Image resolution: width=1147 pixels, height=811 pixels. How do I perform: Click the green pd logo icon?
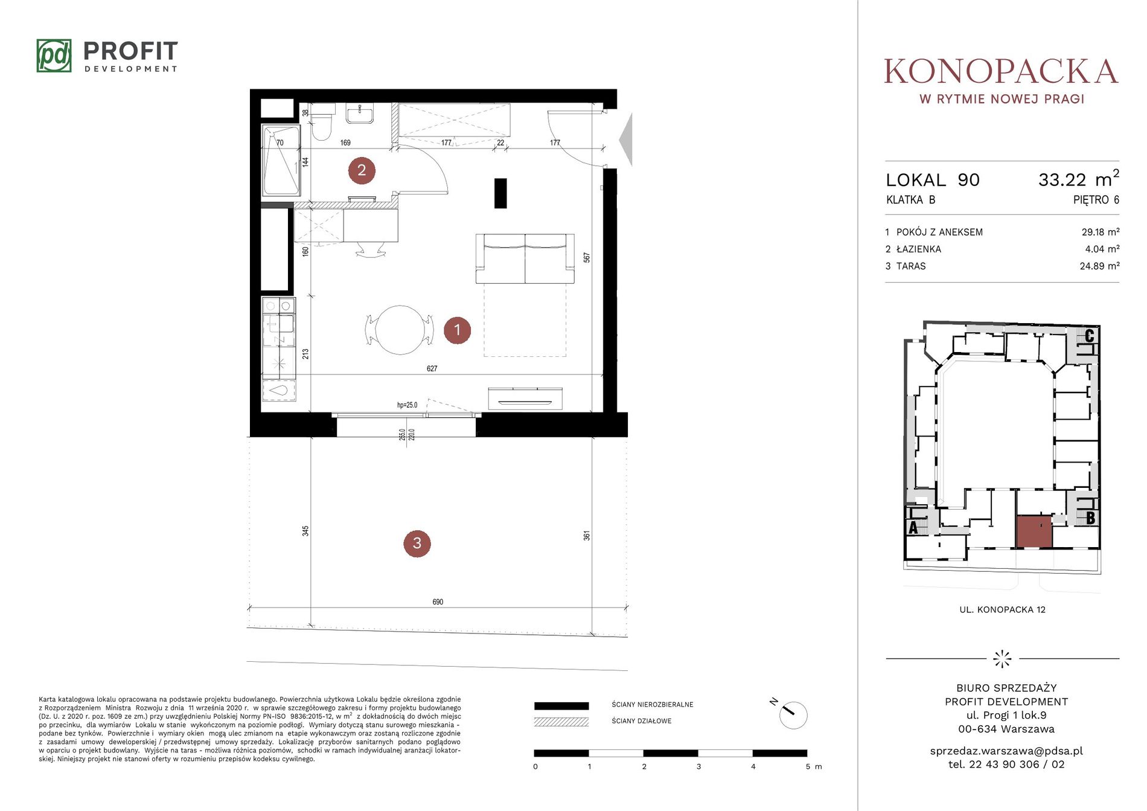pos(54,56)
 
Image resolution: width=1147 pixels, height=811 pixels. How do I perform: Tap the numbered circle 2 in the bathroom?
pos(362,170)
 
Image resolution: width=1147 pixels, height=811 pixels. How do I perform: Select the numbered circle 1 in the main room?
pos(457,330)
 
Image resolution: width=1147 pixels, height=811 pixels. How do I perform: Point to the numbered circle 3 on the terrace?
pos(417,543)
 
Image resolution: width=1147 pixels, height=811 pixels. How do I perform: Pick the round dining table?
pos(400,330)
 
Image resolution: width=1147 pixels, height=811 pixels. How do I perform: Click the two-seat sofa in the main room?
pos(525,258)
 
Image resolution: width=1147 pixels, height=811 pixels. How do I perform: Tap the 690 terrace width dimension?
pos(438,602)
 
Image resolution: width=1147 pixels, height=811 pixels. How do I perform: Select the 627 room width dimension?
pos(432,368)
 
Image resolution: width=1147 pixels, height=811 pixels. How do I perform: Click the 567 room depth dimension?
pos(587,258)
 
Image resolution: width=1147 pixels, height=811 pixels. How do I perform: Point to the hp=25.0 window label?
pos(407,405)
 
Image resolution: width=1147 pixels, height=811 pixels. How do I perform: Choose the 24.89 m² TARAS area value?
pos(1099,266)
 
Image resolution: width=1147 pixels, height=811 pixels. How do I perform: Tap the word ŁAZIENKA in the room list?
pos(918,249)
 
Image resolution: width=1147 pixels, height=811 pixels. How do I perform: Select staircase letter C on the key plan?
pos(1089,335)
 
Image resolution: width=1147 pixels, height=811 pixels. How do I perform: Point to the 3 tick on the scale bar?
pos(698,766)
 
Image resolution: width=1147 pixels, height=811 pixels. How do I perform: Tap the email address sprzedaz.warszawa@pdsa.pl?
pos(1006,751)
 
